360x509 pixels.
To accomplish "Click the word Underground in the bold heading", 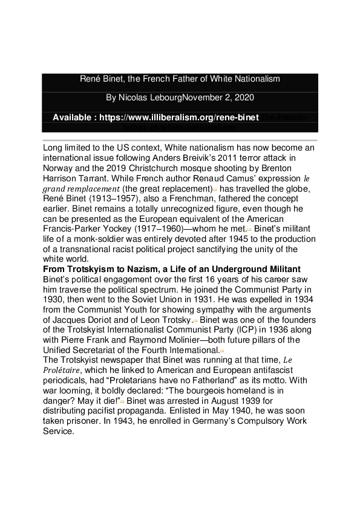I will (x=233, y=268).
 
